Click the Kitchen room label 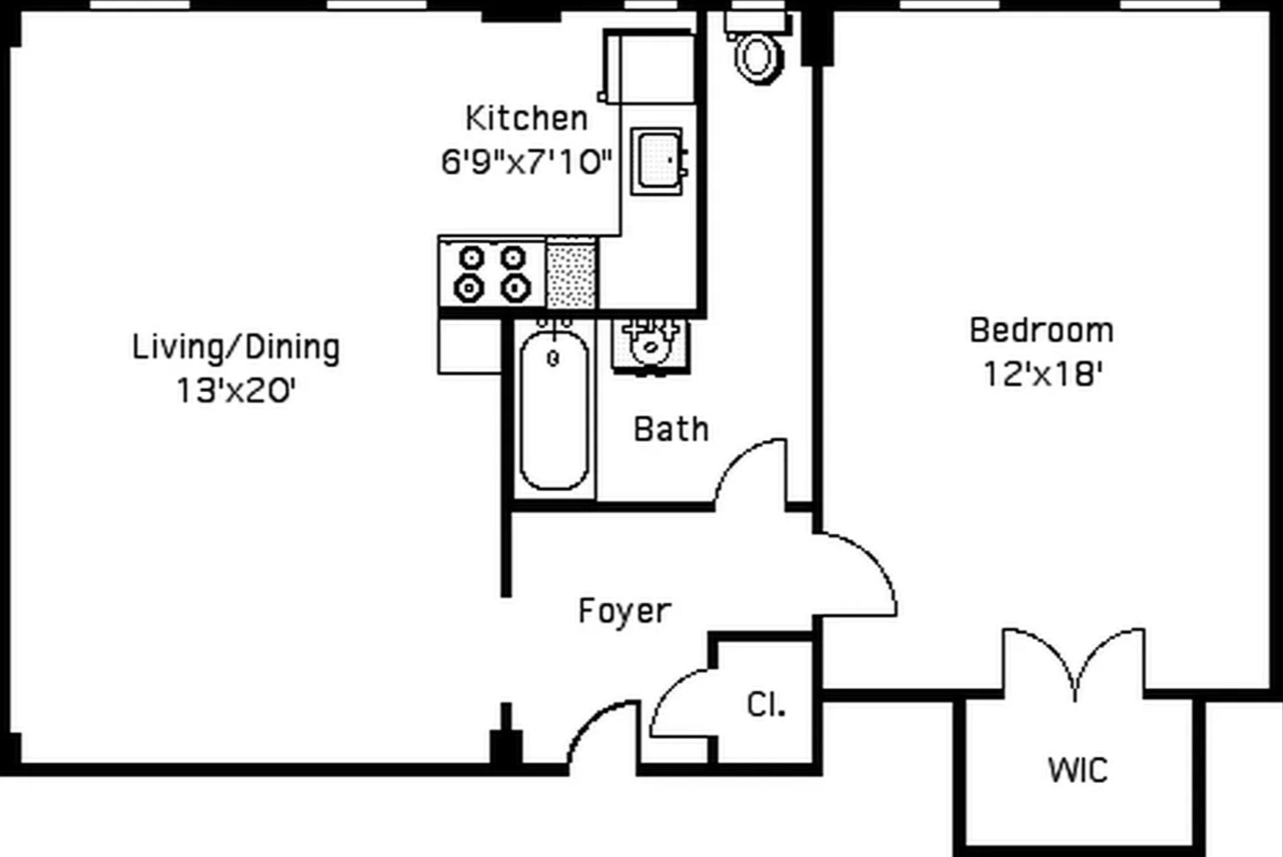[527, 118]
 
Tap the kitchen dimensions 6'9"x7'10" [527, 162]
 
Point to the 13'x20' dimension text [236, 391]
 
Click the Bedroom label [1042, 330]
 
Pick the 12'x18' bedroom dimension [1043, 374]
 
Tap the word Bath [671, 429]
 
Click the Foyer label [625, 611]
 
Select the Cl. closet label [766, 704]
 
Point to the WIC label [1078, 770]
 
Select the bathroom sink [651, 347]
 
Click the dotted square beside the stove [571, 274]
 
